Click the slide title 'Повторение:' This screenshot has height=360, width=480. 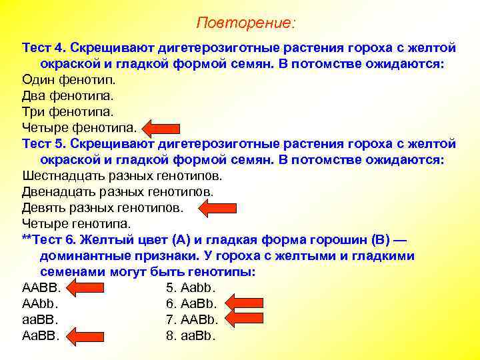tap(245, 23)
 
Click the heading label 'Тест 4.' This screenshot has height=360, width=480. tap(43, 49)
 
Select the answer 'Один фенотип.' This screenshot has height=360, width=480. tap(59, 80)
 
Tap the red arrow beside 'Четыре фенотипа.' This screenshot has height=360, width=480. tap(158, 128)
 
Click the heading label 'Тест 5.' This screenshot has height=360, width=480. tap(43, 144)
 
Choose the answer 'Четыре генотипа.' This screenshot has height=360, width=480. tap(77, 224)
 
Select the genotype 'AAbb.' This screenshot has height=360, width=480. tap(41, 304)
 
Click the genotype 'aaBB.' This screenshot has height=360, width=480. tap(41, 320)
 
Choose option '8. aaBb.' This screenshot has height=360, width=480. tap(191, 336)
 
